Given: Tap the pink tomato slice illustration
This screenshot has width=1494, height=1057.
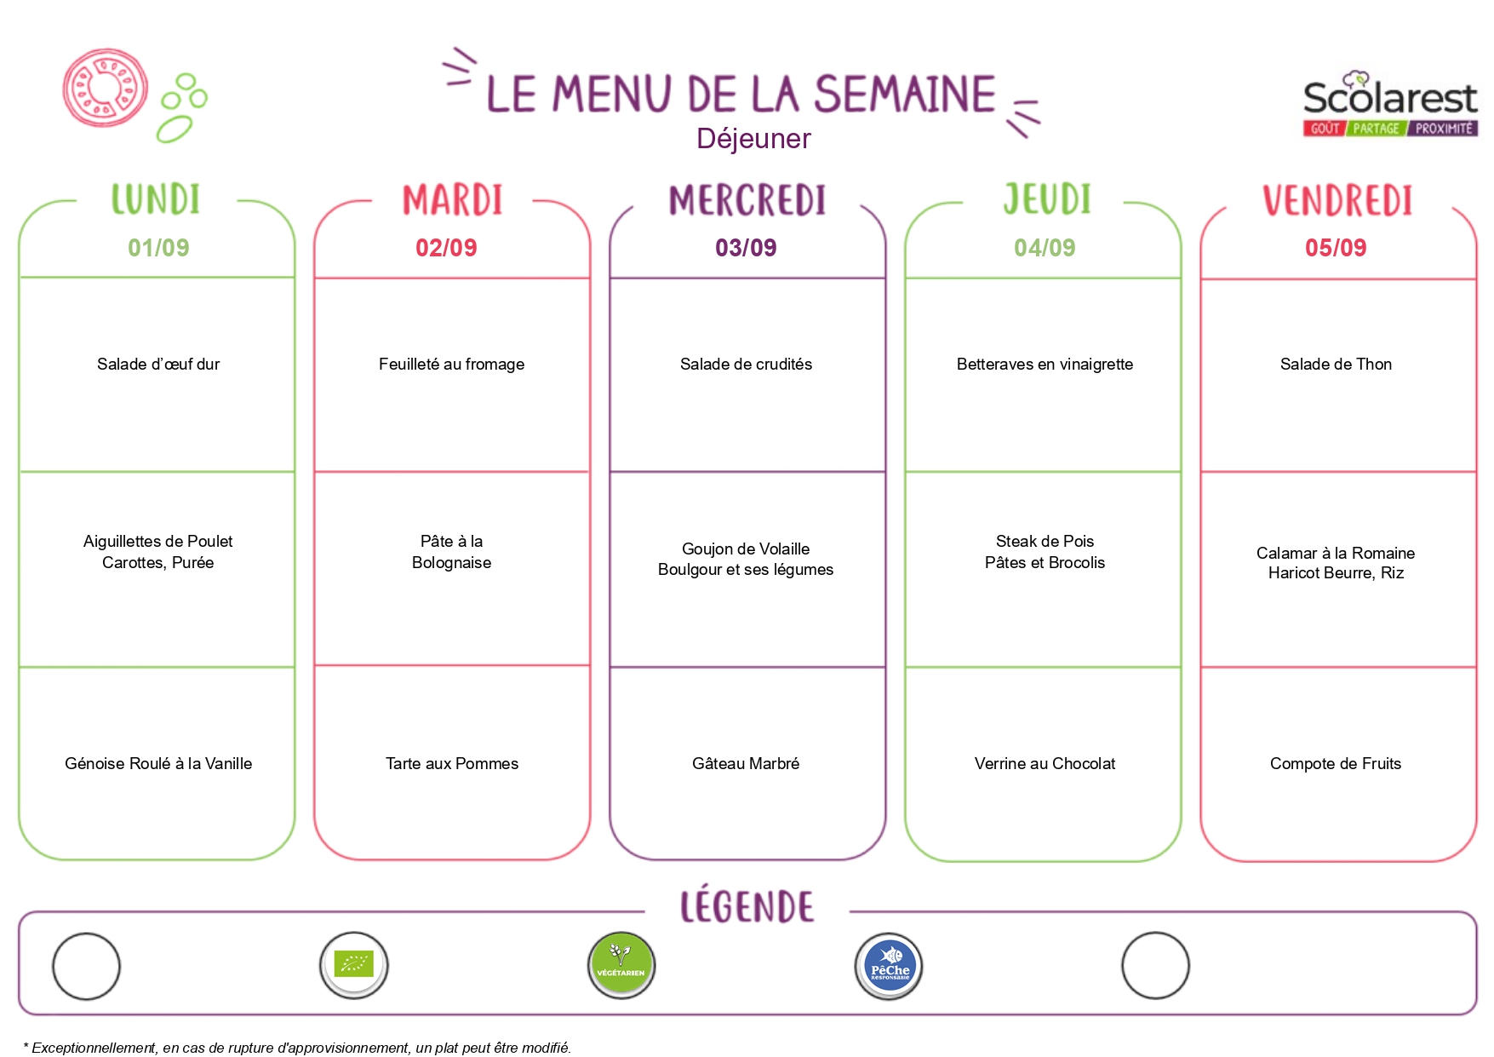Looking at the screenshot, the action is [106, 88].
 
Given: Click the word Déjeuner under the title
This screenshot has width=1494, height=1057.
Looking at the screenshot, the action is [753, 139].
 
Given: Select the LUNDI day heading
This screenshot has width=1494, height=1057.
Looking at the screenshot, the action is [156, 198].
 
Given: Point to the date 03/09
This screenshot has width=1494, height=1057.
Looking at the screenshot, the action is [746, 248].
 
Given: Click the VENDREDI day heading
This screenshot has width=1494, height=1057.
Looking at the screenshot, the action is [1337, 201].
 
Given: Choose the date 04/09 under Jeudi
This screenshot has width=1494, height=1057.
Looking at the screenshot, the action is [1045, 248].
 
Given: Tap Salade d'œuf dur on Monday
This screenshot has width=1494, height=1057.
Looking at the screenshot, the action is [158, 365].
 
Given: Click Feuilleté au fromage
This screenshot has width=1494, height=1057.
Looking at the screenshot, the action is [451, 365].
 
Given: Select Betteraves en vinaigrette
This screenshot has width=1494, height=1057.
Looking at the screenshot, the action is [1045, 365].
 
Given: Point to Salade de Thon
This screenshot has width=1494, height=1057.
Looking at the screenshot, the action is [1336, 365].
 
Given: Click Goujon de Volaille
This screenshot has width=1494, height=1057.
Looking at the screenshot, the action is [746, 549].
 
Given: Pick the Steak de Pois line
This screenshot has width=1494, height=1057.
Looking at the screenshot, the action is [1045, 542].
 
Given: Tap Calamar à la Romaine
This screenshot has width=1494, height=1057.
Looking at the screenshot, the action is [1336, 554].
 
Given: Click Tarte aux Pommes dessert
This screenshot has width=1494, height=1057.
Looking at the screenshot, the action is [451, 764].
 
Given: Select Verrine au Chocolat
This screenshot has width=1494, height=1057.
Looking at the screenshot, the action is [1045, 764].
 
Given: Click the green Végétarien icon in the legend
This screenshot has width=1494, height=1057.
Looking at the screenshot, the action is [621, 966].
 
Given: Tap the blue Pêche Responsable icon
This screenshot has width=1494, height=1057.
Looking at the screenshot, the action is [889, 966].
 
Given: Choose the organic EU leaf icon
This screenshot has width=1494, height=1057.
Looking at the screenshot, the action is [354, 965].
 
